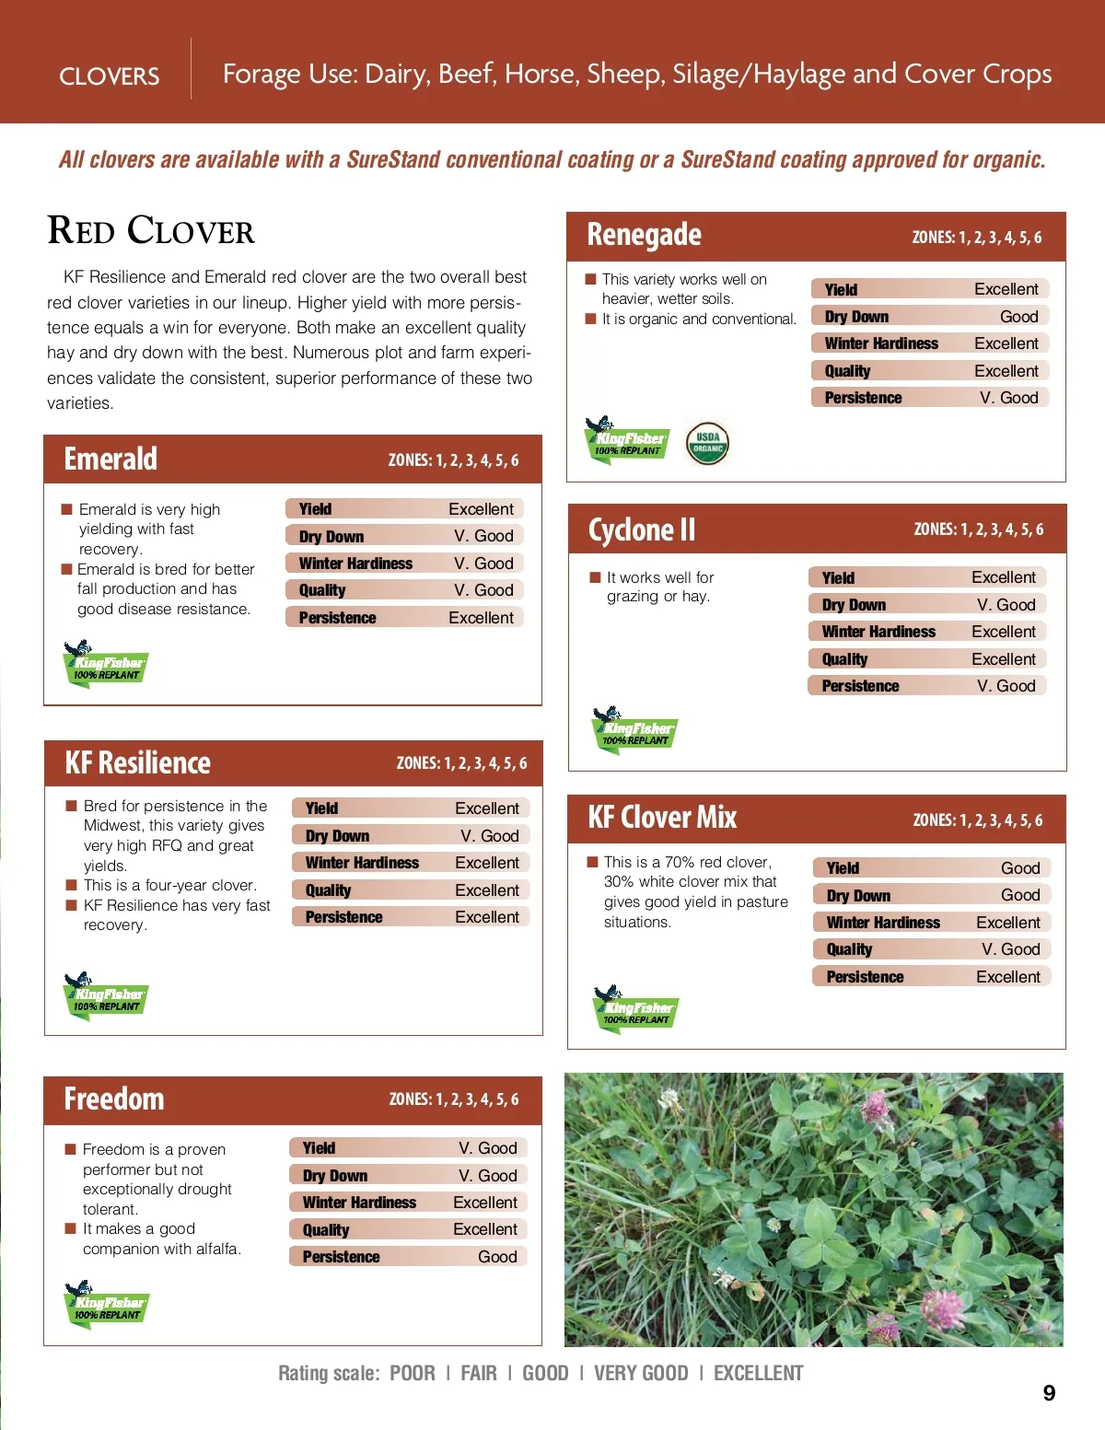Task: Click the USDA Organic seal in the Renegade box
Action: (708, 444)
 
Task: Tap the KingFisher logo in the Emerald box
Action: (106, 664)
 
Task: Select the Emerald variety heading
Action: (110, 459)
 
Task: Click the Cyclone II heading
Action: (642, 529)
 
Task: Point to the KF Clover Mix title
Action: (662, 818)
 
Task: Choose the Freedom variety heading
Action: (114, 1099)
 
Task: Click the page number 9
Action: (1049, 1393)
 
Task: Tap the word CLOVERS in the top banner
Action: (109, 76)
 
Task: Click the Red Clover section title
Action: (151, 231)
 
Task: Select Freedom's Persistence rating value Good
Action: (497, 1257)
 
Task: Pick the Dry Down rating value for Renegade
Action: (1018, 317)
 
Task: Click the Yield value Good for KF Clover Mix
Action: (1020, 868)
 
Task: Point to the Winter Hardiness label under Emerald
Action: (355, 564)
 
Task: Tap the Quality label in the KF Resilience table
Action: (328, 890)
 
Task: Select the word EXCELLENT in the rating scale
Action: (758, 1374)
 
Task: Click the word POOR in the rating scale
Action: (413, 1374)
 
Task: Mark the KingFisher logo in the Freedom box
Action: (107, 1304)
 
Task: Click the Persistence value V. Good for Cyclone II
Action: (1006, 686)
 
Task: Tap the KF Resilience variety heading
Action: (137, 762)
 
